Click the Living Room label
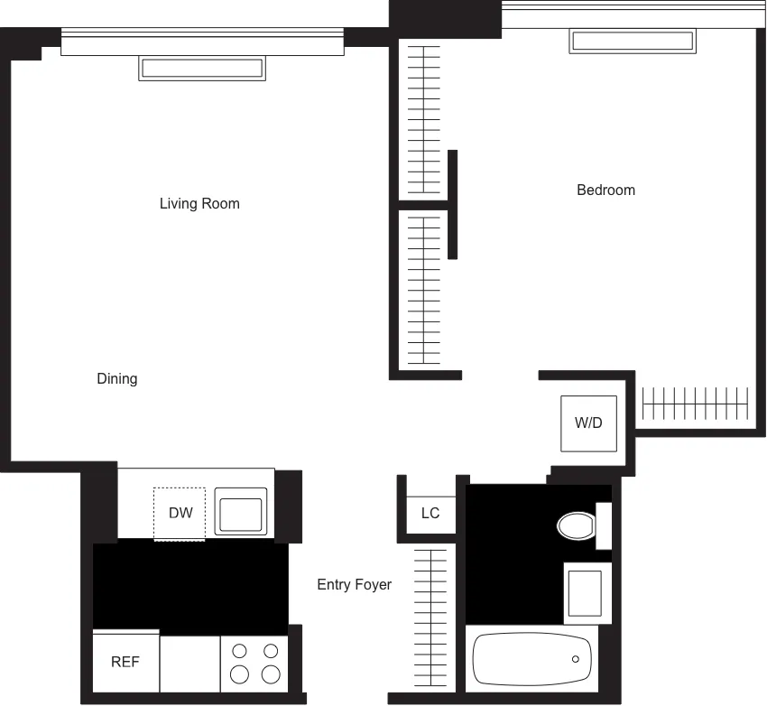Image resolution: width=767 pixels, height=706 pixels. tap(199, 203)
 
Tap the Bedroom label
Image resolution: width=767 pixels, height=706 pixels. tap(605, 190)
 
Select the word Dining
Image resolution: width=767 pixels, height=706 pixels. tap(117, 378)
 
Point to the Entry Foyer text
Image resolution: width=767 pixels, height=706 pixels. tap(354, 584)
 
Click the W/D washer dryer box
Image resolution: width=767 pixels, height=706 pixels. tap(588, 423)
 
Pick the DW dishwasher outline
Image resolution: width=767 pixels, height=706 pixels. tap(180, 513)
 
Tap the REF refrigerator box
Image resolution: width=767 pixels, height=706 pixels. tap(125, 662)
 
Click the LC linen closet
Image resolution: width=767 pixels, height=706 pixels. tap(430, 512)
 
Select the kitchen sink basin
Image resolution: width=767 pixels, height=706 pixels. tap(240, 512)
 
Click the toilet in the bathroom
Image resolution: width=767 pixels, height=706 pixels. tap(577, 525)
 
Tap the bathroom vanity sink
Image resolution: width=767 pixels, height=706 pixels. tap(583, 592)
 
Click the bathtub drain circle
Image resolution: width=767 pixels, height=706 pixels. tap(576, 660)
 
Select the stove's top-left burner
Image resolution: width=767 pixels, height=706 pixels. tap(240, 650)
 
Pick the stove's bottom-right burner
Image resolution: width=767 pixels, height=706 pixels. tap(270, 673)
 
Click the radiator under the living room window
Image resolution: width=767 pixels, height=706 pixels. tap(202, 69)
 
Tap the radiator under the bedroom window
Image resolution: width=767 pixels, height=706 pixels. tap(633, 42)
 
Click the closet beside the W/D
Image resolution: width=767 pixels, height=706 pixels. tap(695, 404)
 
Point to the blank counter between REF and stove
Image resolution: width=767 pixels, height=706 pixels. tap(189, 664)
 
